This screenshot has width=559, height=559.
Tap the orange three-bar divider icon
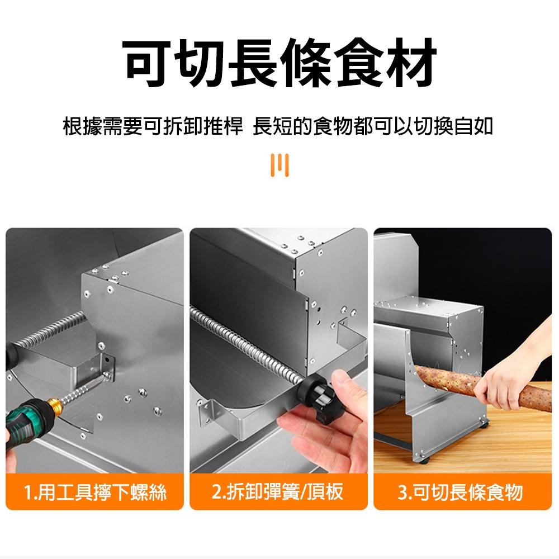279,165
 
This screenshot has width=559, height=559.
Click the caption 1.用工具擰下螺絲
95,492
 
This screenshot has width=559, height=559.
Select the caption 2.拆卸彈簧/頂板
278,492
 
